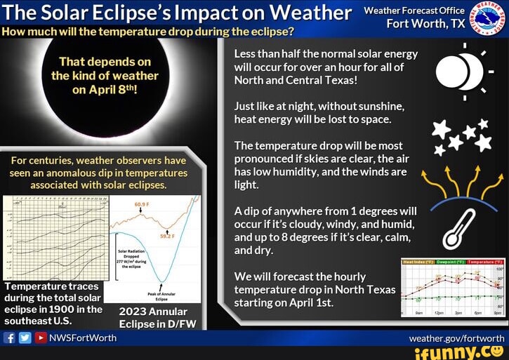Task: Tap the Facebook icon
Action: click(x=10, y=338)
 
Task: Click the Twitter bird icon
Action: click(x=25, y=338)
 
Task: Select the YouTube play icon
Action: click(x=39, y=338)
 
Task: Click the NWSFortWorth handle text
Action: click(x=82, y=338)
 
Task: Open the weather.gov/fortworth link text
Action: click(x=456, y=338)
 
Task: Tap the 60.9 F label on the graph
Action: click(x=143, y=204)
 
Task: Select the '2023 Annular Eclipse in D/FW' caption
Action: click(x=153, y=317)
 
